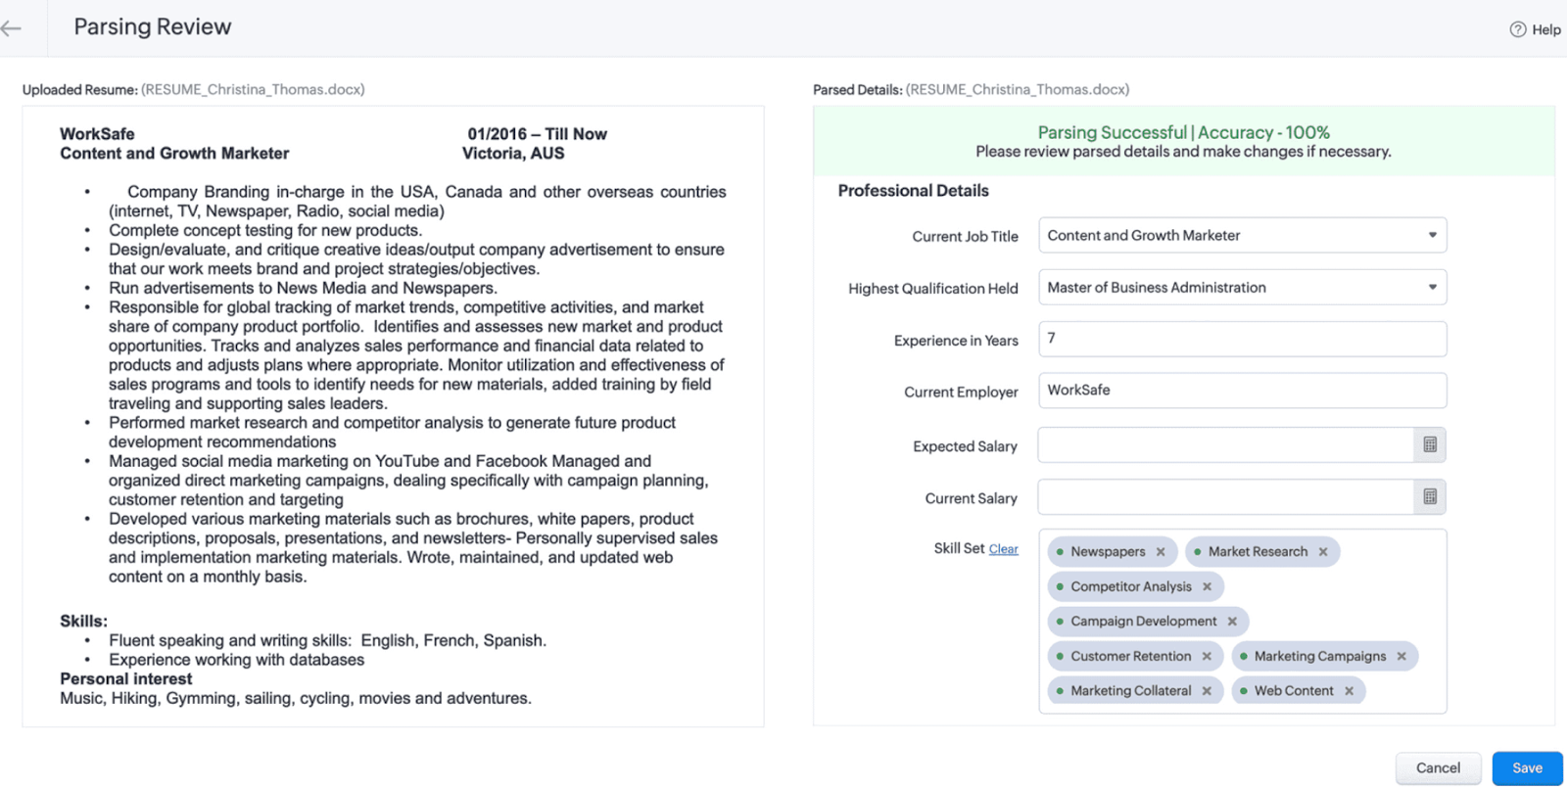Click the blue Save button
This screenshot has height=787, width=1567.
tap(1527, 768)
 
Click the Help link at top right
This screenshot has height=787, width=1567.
tap(1536, 29)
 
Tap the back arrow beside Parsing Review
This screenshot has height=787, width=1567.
tap(12, 28)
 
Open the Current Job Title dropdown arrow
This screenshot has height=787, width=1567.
tap(1432, 235)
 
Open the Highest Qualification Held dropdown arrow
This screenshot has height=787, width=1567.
tap(1432, 287)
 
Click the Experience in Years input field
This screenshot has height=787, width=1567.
tap(1242, 339)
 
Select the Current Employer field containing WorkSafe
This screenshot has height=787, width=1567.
tap(1242, 391)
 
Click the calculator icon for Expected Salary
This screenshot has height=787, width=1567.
tap(1430, 445)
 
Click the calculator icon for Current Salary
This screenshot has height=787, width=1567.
tap(1430, 497)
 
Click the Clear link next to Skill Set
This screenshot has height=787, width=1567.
tap(1003, 549)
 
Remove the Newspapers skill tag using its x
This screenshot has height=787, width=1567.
tap(1161, 552)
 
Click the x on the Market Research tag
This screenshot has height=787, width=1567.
tap(1323, 552)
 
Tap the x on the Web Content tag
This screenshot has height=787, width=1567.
tap(1349, 691)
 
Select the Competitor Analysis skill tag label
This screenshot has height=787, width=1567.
tap(1130, 586)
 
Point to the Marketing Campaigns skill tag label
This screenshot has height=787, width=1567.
tap(1319, 656)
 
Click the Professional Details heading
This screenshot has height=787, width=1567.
tap(913, 191)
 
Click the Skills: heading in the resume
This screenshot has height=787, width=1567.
tap(83, 622)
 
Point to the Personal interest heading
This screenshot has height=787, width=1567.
tap(125, 679)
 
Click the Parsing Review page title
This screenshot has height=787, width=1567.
tap(153, 27)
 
